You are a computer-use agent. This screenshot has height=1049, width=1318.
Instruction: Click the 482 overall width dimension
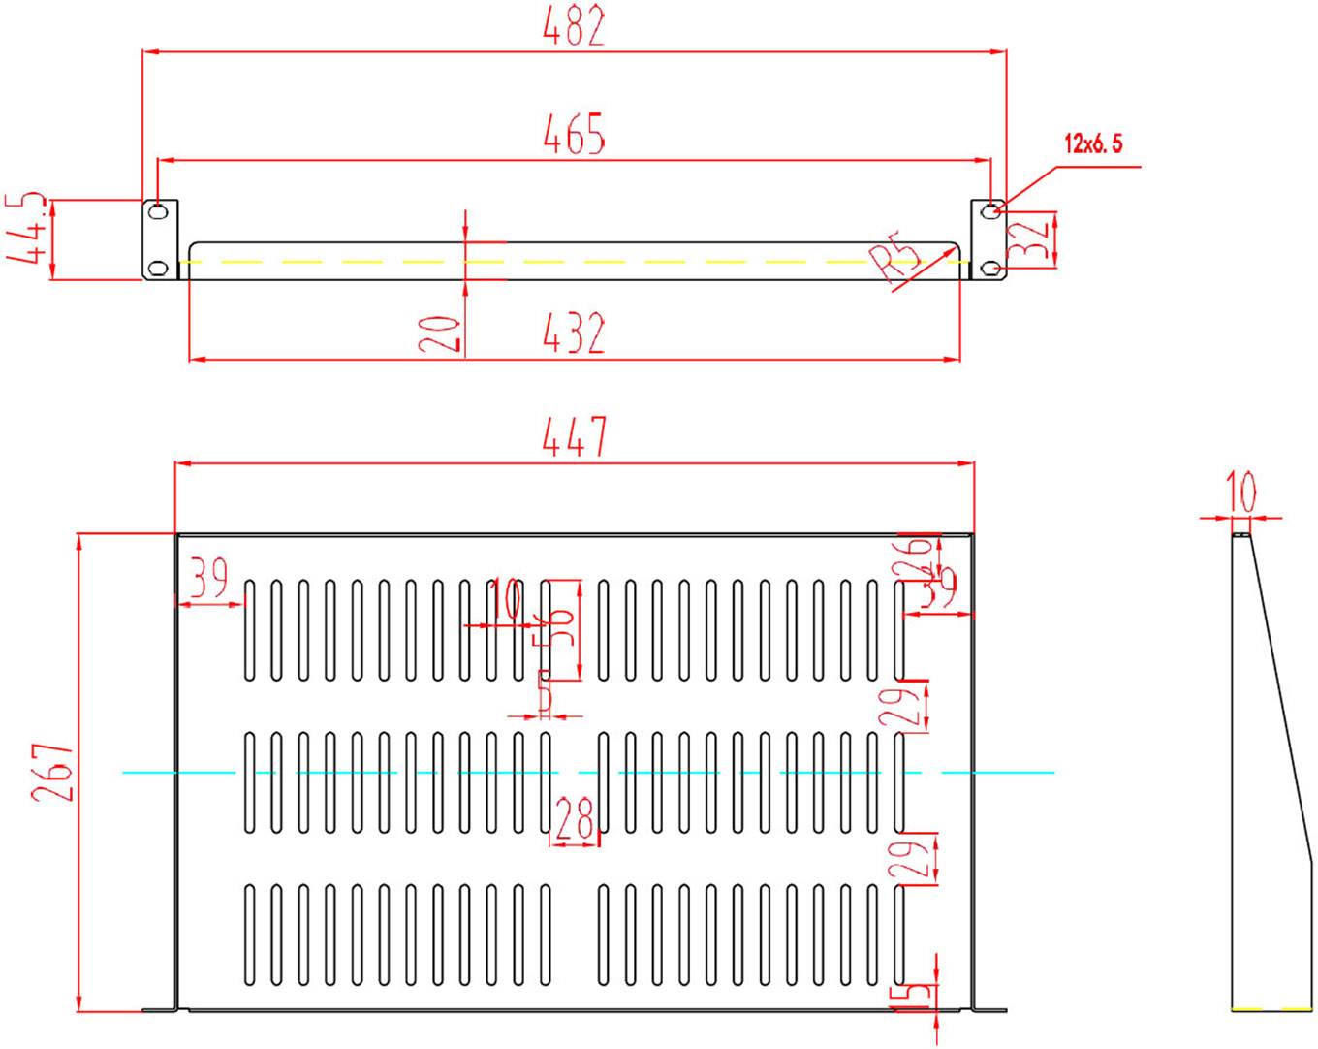point(574,26)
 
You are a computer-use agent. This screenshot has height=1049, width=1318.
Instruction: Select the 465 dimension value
point(574,135)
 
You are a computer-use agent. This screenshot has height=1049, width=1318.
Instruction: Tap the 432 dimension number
point(574,334)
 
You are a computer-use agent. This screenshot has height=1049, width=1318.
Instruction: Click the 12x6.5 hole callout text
point(1093,144)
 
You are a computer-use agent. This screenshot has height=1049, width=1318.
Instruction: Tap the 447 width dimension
point(574,437)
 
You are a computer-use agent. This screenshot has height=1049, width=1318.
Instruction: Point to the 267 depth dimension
point(51,772)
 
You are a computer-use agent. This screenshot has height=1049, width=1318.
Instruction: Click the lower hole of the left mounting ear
point(157,268)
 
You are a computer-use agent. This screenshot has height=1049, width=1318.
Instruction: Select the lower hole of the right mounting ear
point(988,268)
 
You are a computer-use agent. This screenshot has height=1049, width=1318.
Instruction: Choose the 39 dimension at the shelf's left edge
point(207,579)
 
